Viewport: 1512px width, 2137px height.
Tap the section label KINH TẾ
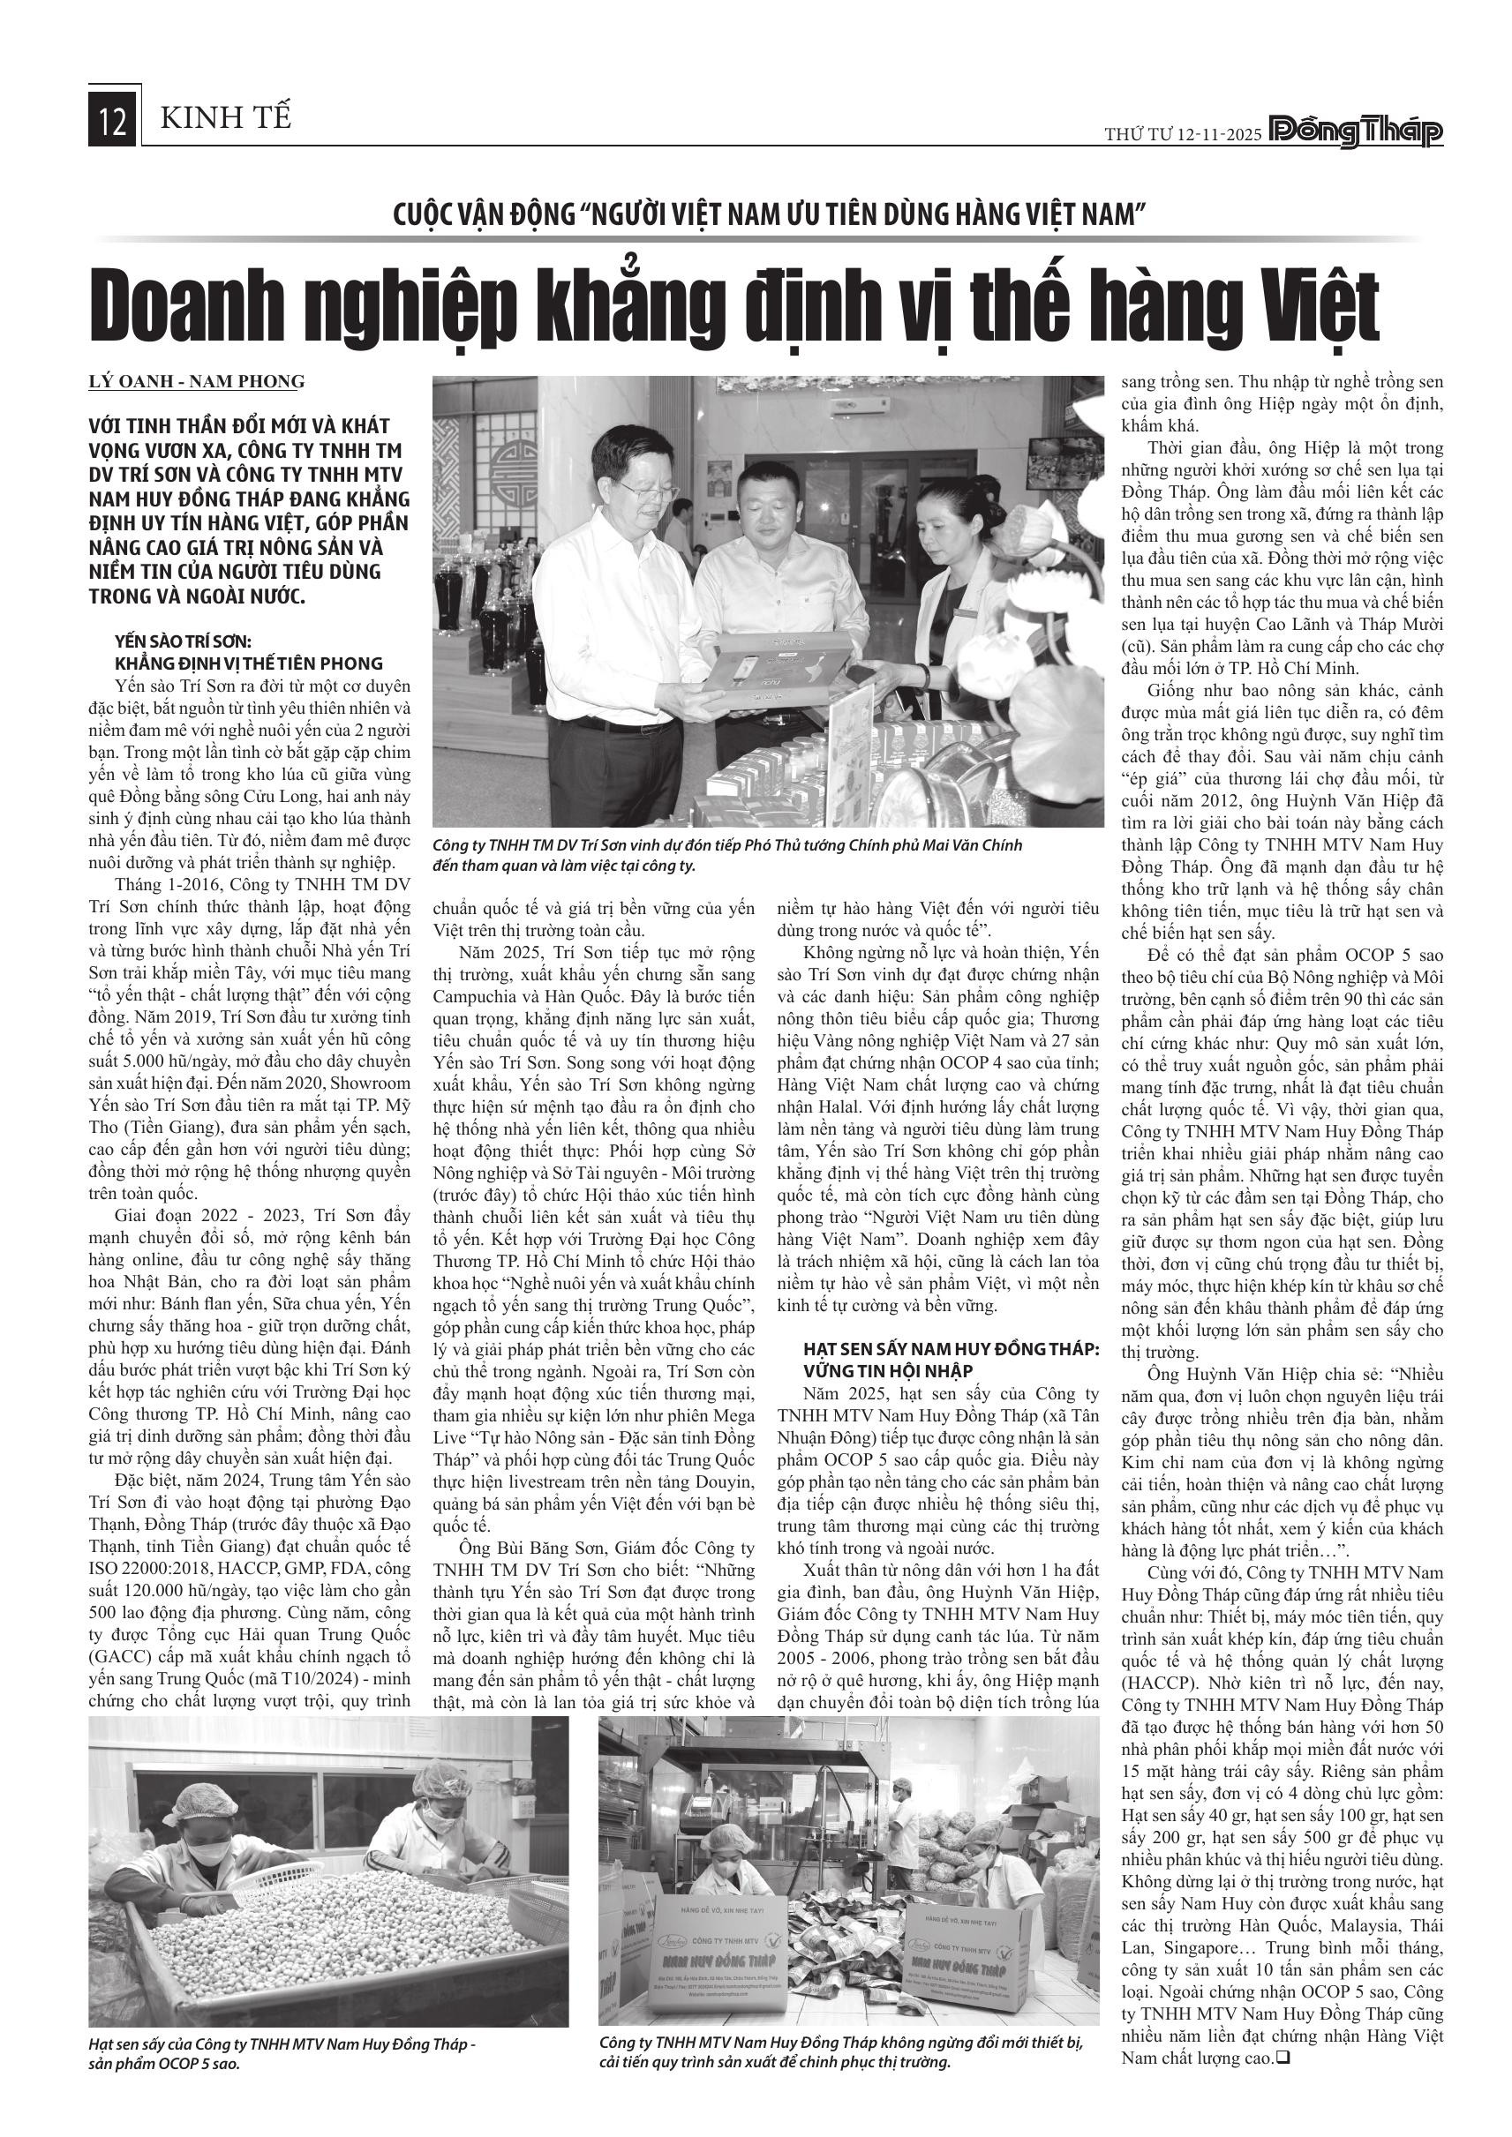tap(225, 118)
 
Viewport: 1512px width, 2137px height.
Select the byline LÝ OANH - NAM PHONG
tap(197, 380)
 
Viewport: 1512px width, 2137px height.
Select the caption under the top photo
tap(727, 855)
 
